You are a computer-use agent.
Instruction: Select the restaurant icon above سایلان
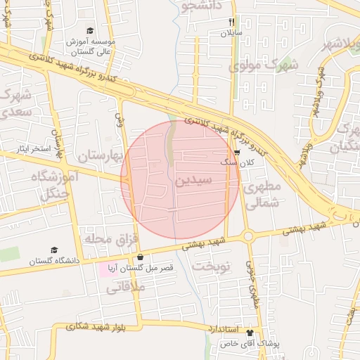click(x=232, y=22)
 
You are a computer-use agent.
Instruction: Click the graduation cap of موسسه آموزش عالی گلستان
click(x=90, y=31)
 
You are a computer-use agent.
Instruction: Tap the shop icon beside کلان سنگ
click(x=237, y=151)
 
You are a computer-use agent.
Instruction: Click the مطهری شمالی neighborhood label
click(x=262, y=194)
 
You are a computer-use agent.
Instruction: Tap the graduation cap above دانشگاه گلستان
click(x=54, y=250)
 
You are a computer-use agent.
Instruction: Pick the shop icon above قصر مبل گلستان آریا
click(x=141, y=257)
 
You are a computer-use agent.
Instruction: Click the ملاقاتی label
click(x=127, y=287)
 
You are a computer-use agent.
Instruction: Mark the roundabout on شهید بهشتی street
click(x=249, y=236)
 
